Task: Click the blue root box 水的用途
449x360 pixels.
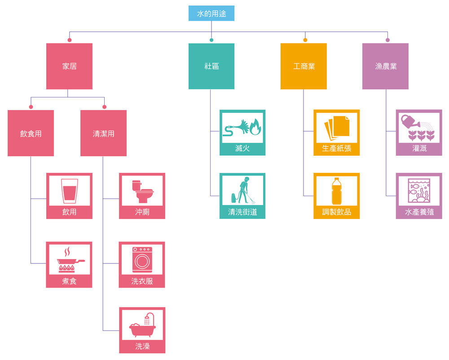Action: (x=211, y=13)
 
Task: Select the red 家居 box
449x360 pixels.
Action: (x=70, y=66)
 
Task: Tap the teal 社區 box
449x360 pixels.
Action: (x=211, y=66)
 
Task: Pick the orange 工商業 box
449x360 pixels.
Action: (x=304, y=66)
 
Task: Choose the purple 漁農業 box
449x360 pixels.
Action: (x=385, y=66)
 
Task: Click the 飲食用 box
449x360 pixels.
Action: (x=31, y=133)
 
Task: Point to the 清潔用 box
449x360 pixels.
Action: (x=103, y=133)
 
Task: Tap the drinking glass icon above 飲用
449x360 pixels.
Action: (x=70, y=191)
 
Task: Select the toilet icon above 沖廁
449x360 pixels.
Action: (x=142, y=191)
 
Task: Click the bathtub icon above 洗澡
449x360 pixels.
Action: (x=142, y=325)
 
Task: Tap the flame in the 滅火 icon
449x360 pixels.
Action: (x=255, y=128)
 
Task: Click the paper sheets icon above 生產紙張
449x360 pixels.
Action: (x=337, y=128)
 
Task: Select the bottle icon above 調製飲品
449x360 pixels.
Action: (x=337, y=192)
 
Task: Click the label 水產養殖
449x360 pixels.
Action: (x=419, y=212)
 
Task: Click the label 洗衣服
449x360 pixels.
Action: (x=142, y=281)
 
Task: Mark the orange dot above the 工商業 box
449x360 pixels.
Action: (x=305, y=40)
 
